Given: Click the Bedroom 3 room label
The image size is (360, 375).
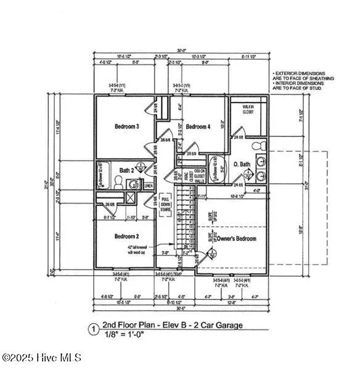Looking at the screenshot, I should click(x=126, y=127).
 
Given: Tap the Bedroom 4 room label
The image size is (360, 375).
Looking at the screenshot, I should click(x=199, y=126).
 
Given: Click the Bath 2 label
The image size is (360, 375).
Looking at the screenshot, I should click(x=127, y=170).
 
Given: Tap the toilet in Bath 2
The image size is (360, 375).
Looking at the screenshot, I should click(x=118, y=183).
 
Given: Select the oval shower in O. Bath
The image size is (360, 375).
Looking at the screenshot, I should click(x=216, y=167).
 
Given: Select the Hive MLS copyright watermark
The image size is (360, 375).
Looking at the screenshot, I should click(x=41, y=357).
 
